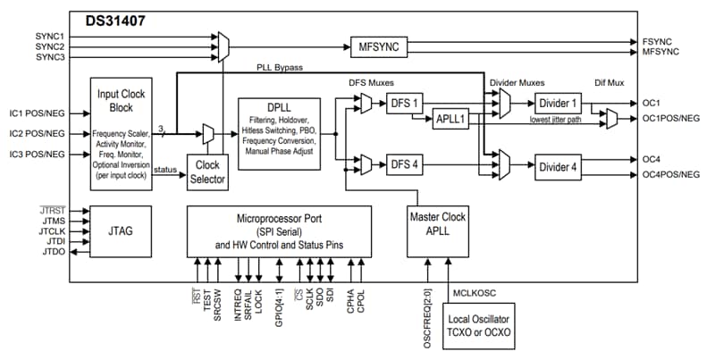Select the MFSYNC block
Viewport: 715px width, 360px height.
pyautogui.click(x=376, y=46)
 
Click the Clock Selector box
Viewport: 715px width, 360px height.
pyautogui.click(x=207, y=171)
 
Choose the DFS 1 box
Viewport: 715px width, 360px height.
pyautogui.click(x=404, y=105)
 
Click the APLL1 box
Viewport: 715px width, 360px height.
pyautogui.click(x=454, y=120)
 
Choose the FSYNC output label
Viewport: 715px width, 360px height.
pyautogui.click(x=658, y=40)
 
